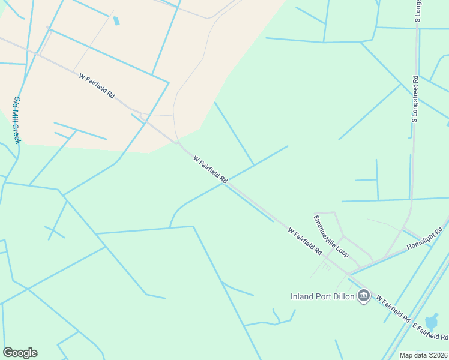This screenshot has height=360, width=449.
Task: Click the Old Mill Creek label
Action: (x=17, y=119)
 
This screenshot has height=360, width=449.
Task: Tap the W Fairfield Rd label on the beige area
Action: (x=97, y=85)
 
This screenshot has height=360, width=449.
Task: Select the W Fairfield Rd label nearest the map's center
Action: (x=211, y=170)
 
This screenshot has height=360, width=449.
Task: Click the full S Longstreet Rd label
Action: (x=414, y=100)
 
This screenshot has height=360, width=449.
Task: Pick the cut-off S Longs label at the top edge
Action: (x=418, y=11)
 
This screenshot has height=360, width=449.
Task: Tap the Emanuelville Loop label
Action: (x=331, y=235)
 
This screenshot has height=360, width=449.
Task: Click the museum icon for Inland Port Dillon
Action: (x=363, y=296)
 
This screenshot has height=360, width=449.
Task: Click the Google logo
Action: (x=20, y=353)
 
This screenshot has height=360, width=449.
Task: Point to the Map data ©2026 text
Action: (x=424, y=355)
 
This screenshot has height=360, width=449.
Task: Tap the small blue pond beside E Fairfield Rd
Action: (x=432, y=322)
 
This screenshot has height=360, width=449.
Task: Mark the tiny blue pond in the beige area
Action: (x=116, y=20)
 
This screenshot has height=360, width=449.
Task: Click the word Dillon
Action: (x=340, y=296)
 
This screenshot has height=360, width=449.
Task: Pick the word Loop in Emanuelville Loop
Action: (x=342, y=250)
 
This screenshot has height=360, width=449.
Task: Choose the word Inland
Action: (x=303, y=296)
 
